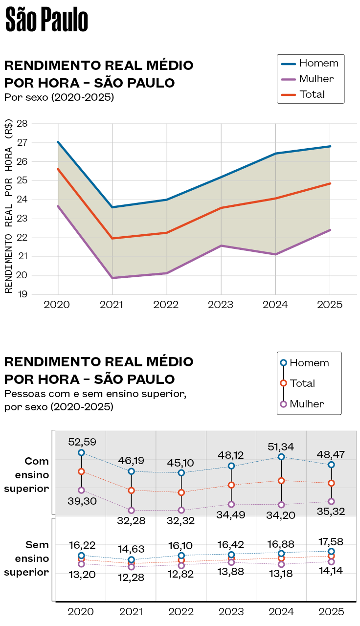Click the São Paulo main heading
[46, 21]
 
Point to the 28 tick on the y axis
[22, 123]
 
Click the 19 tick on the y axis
[22, 294]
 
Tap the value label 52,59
[82, 442]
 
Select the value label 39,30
[82, 501]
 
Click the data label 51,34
[281, 446]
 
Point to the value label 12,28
[131, 578]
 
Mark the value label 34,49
[231, 515]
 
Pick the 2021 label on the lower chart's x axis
[131, 611]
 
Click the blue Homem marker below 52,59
[81, 453]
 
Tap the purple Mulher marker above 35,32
[331, 501]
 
